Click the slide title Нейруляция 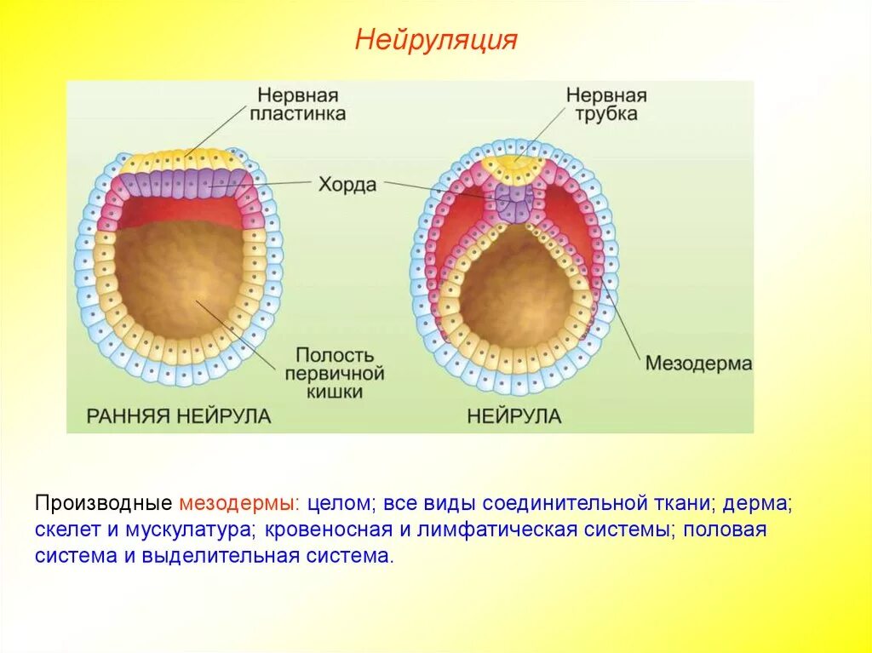(x=436, y=40)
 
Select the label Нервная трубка (x=606, y=104)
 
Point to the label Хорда (x=347, y=184)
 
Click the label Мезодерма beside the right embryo (x=698, y=364)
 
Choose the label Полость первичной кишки (x=336, y=372)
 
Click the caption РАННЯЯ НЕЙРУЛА (x=179, y=416)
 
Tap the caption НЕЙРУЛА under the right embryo (x=513, y=416)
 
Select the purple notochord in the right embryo (x=514, y=203)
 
